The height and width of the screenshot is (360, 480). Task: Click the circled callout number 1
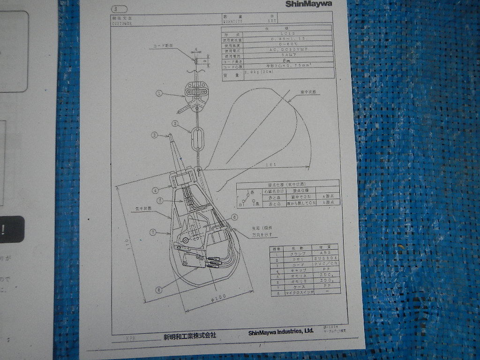click(x=159, y=94)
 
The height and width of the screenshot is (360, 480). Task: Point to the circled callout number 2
click(x=174, y=124)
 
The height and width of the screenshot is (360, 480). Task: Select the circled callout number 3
click(x=154, y=136)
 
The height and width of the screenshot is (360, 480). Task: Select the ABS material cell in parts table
click(x=325, y=253)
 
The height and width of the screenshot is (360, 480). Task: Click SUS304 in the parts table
click(x=325, y=259)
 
